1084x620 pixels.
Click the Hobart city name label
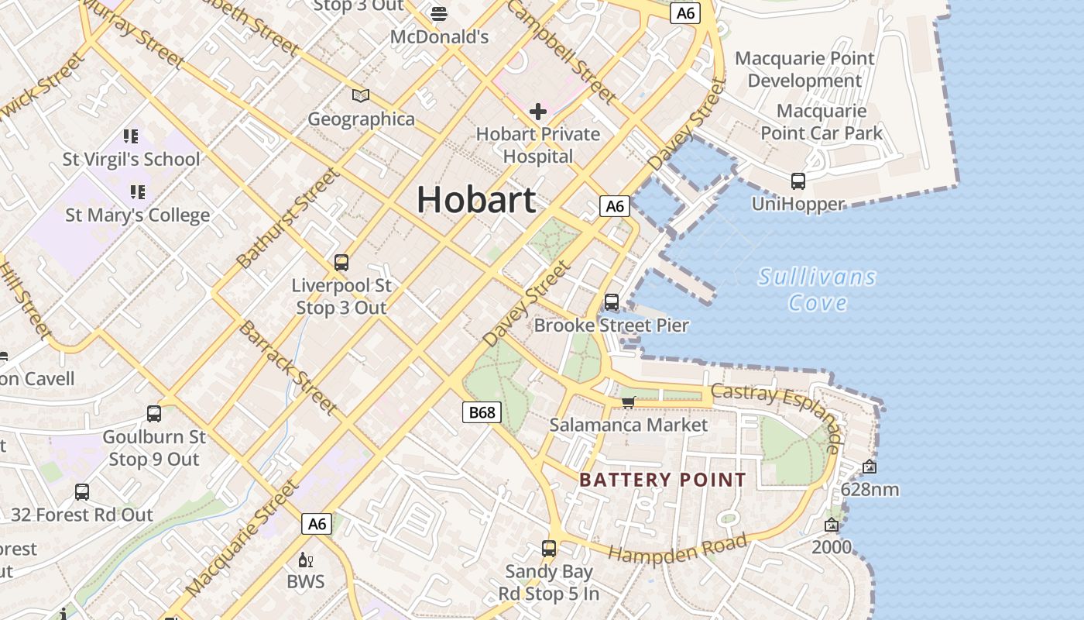(x=476, y=200)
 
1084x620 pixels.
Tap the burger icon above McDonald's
(x=439, y=13)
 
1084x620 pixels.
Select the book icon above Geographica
(x=361, y=95)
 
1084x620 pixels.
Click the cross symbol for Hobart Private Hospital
(x=537, y=112)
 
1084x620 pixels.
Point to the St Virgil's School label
(x=131, y=160)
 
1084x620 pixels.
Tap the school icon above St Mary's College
(x=138, y=191)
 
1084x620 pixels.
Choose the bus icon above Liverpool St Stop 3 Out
(x=341, y=263)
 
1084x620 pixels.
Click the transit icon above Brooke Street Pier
(x=612, y=302)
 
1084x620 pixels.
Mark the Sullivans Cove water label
(x=817, y=289)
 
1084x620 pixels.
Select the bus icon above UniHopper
(x=798, y=181)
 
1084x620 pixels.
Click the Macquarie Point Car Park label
(x=822, y=122)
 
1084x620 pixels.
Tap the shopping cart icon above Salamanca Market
(x=629, y=401)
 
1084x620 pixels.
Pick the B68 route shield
(x=482, y=412)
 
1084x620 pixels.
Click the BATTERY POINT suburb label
(x=663, y=480)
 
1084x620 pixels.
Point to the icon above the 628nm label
(x=870, y=467)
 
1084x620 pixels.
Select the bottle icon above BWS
(x=305, y=560)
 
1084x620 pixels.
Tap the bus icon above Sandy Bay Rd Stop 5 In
(x=549, y=549)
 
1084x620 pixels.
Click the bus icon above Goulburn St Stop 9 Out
(x=154, y=414)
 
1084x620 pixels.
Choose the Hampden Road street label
(x=677, y=547)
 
